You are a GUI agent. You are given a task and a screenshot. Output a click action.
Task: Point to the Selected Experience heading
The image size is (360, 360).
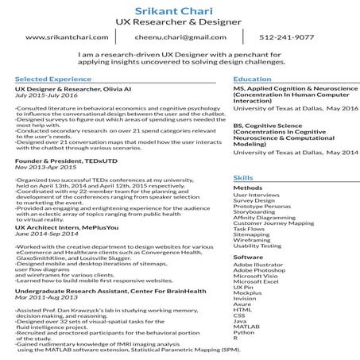[49, 79]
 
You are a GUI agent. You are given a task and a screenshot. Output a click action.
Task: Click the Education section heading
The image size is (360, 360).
[251, 79]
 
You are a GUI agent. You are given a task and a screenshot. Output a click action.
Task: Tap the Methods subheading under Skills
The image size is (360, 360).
[247, 188]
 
